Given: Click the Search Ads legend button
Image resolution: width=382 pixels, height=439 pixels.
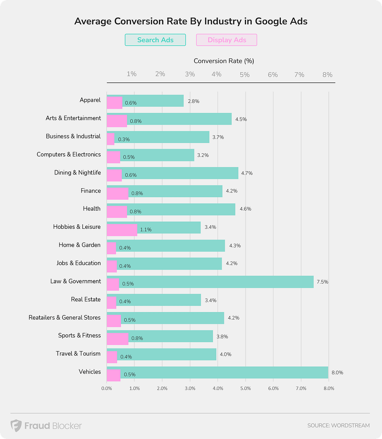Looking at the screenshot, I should (x=155, y=40).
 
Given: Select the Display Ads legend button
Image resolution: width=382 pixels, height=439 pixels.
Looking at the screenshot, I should (x=227, y=40).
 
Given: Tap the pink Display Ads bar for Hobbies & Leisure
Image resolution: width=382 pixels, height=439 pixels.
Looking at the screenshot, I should (x=122, y=229).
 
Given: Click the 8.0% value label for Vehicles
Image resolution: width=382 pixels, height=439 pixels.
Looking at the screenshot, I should (x=337, y=372).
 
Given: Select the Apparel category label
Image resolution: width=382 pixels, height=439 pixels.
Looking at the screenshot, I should (x=90, y=100).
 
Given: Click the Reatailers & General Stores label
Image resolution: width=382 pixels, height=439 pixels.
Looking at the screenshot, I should (x=65, y=317).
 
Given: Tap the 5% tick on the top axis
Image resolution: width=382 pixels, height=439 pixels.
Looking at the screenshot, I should (x=244, y=74).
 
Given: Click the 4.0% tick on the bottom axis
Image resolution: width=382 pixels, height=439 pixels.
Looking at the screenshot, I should (x=218, y=389).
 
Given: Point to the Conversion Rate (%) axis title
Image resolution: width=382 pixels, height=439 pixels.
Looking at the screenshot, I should (x=224, y=61).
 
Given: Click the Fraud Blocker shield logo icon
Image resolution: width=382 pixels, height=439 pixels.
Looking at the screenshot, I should (x=16, y=426).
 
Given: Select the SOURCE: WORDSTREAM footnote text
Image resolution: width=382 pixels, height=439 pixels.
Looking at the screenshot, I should (x=338, y=426).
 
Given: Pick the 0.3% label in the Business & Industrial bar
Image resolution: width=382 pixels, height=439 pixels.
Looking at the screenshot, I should (x=124, y=139).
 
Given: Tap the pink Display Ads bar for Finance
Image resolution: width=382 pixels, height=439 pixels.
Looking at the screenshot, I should (x=117, y=193).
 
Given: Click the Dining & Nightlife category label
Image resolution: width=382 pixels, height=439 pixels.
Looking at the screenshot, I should (x=78, y=173).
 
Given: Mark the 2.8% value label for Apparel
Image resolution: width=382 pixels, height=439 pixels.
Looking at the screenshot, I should (x=193, y=101).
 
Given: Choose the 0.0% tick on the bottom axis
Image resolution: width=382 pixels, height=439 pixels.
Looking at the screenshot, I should (x=106, y=389).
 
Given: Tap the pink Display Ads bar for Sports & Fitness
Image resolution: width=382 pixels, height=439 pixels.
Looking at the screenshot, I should (x=117, y=338).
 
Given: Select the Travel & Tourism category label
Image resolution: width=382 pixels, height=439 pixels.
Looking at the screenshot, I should (x=78, y=354).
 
